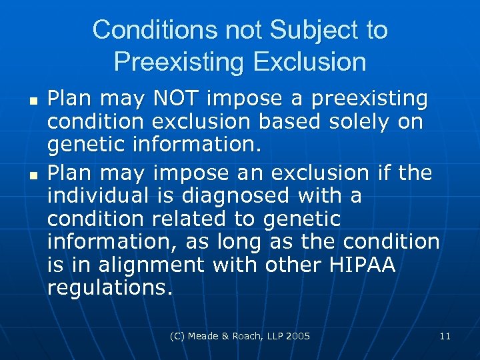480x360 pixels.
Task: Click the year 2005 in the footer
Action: click(297, 336)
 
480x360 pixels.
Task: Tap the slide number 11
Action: click(445, 336)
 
